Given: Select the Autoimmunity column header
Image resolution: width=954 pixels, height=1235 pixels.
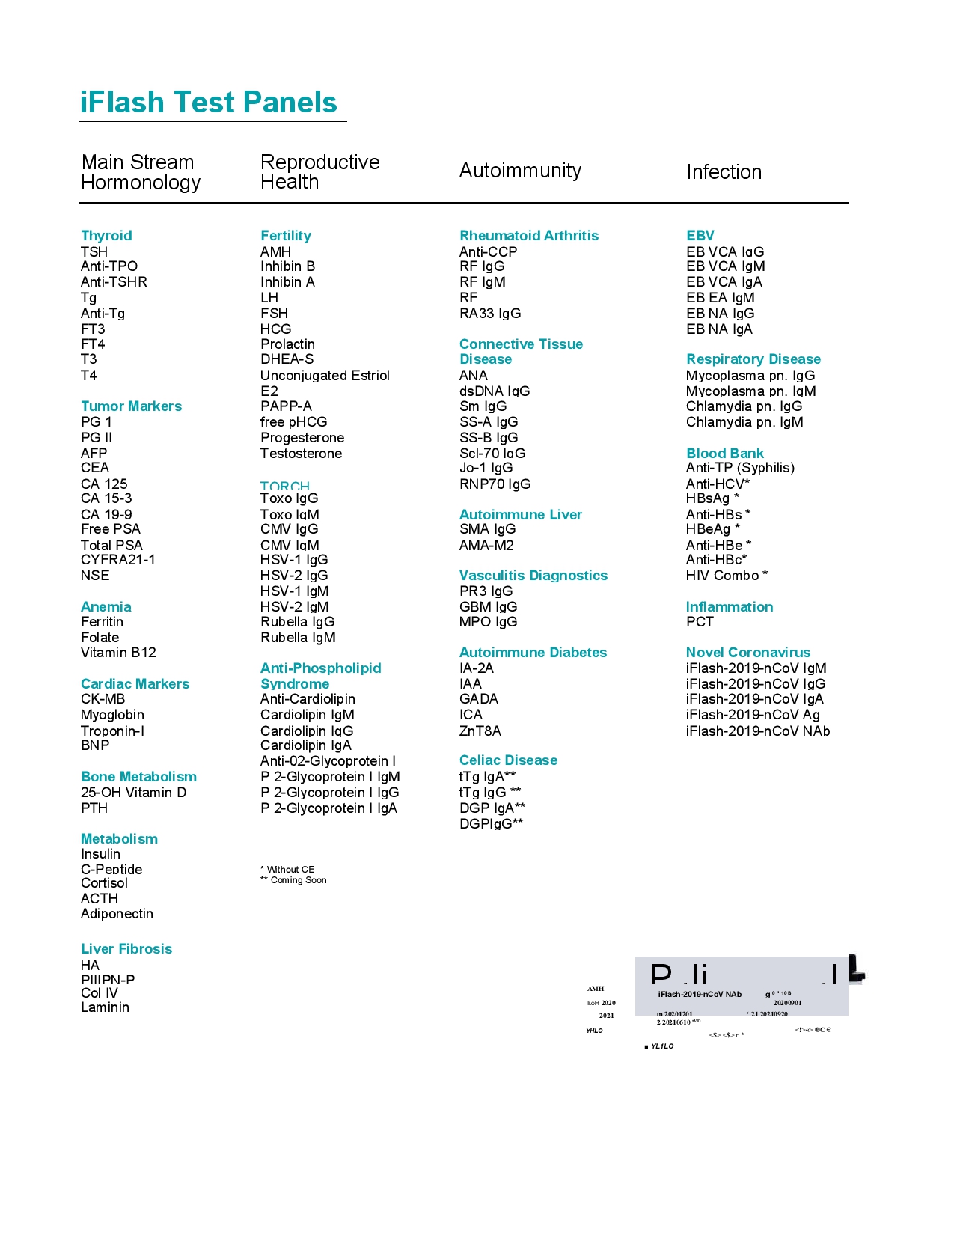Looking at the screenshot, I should pyautogui.click(x=520, y=171).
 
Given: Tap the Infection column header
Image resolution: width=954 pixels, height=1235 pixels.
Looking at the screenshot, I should pyautogui.click(x=724, y=172).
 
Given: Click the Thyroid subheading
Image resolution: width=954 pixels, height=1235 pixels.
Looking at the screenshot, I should pyautogui.click(x=106, y=236).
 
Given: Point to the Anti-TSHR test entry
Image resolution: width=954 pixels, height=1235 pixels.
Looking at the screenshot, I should pyautogui.click(x=114, y=282).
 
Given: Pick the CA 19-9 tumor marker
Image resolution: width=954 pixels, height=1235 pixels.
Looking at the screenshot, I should pyautogui.click(x=106, y=515).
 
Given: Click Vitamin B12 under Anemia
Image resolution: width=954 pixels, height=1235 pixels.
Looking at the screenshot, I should pyautogui.click(x=118, y=653).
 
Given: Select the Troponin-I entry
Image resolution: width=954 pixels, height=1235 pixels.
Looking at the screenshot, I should pyautogui.click(x=112, y=731).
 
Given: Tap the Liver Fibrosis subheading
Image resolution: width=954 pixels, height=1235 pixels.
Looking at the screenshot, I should pyautogui.click(x=126, y=949).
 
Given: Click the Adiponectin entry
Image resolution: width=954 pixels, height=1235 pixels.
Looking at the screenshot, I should pyautogui.click(x=117, y=914).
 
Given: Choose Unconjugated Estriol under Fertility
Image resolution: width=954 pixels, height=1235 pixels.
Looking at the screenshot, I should pyautogui.click(x=325, y=376).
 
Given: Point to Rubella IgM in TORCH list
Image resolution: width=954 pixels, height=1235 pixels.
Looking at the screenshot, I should pyautogui.click(x=298, y=638).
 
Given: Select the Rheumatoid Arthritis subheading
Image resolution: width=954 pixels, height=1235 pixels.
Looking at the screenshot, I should pyautogui.click(x=529, y=236).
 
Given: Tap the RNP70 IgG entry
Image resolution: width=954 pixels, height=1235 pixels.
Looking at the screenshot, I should pyautogui.click(x=495, y=484).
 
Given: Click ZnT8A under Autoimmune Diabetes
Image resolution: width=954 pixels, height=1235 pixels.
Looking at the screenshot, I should pyautogui.click(x=480, y=731).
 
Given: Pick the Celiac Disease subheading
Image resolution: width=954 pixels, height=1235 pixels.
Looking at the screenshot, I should pyautogui.click(x=508, y=760).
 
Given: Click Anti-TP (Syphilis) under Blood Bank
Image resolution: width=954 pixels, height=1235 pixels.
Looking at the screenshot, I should pyautogui.click(x=740, y=468).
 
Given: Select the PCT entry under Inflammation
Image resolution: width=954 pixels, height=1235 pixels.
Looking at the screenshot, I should pyautogui.click(x=700, y=622).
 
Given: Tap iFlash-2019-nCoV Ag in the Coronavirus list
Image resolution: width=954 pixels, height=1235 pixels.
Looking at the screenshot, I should pyautogui.click(x=753, y=715).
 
